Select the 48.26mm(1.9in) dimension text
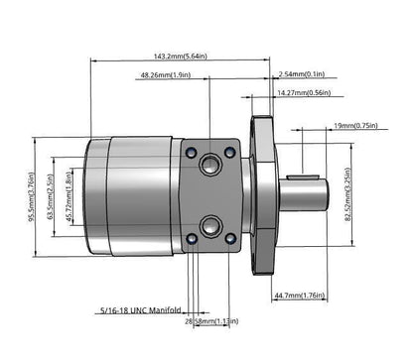click(165, 74)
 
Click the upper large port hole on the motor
click(210, 161)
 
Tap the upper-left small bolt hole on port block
click(192, 151)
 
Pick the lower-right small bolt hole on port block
click(230, 238)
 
